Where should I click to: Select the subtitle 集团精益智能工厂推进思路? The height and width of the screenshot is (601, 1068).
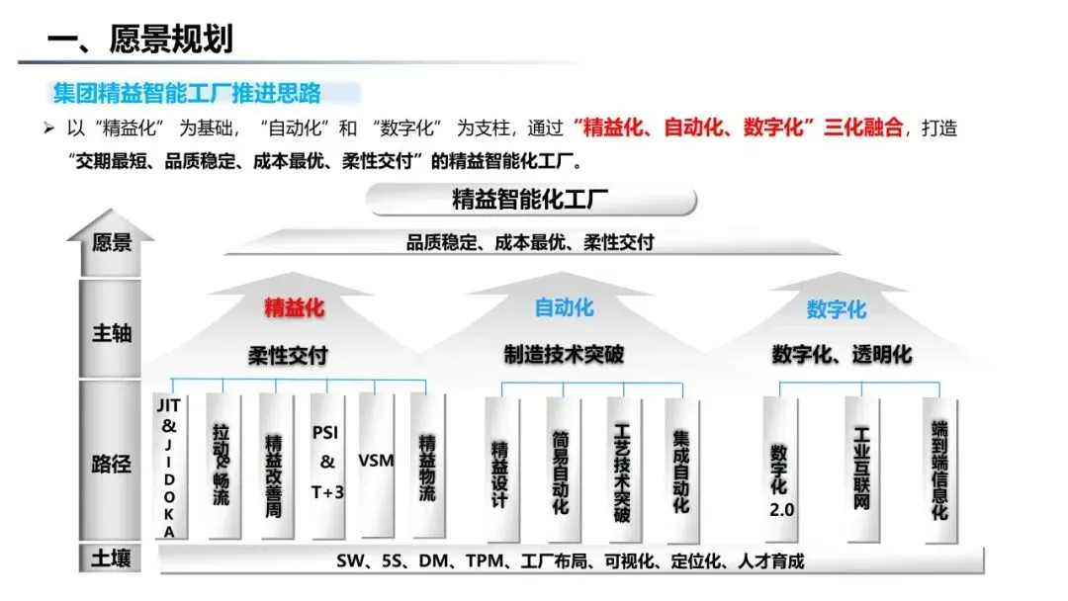[187, 94]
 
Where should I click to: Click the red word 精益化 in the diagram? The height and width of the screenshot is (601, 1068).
[294, 307]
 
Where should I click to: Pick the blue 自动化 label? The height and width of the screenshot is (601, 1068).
[564, 307]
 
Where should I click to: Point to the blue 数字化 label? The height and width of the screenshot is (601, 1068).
[836, 309]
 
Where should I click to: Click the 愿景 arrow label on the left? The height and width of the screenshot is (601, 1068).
[111, 242]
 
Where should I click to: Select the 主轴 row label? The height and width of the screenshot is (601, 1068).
[111, 333]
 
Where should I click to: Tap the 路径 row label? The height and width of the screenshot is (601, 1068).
[111, 464]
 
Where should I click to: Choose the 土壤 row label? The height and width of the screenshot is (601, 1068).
[111, 559]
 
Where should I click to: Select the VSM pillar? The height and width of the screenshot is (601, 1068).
[376, 461]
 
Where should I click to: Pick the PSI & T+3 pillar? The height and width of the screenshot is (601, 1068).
[327, 462]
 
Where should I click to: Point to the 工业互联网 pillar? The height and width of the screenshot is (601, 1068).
[860, 469]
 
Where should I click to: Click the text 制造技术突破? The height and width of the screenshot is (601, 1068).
[564, 355]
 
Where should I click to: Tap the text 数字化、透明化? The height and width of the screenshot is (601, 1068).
[842, 355]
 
